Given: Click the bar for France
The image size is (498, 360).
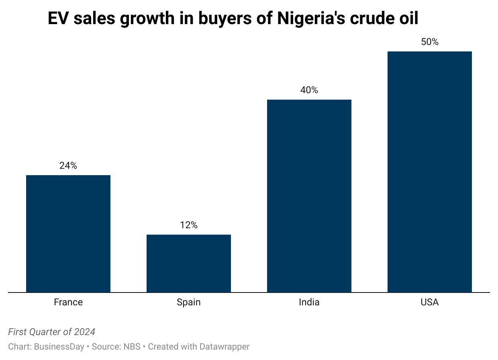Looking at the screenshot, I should pos(68,233).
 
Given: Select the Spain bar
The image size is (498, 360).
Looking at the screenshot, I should pos(189,263).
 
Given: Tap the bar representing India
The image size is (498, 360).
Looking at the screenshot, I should pos(309,196).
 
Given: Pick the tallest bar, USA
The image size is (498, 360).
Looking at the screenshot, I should pos(430,172).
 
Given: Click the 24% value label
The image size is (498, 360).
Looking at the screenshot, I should pos(68,166).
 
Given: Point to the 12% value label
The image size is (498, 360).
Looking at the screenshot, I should pos(189,225).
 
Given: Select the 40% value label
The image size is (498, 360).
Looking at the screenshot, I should pos(309,90).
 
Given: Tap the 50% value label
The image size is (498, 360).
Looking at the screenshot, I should pos(430,42).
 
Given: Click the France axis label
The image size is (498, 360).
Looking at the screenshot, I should pos(68,302).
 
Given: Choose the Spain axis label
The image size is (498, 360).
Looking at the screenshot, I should pos(189,302).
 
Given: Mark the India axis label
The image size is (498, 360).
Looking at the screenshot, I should pos(309,302).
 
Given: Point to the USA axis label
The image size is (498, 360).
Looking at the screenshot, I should pos(430,302).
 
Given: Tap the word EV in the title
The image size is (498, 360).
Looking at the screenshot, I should pos(58,18).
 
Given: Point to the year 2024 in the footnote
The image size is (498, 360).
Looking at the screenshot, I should pos(85,332).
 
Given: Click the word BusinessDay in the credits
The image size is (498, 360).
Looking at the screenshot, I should pos(59,346).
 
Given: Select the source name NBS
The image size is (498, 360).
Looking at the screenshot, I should pos(132,346).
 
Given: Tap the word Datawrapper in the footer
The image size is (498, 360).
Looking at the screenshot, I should pos(225,346).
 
